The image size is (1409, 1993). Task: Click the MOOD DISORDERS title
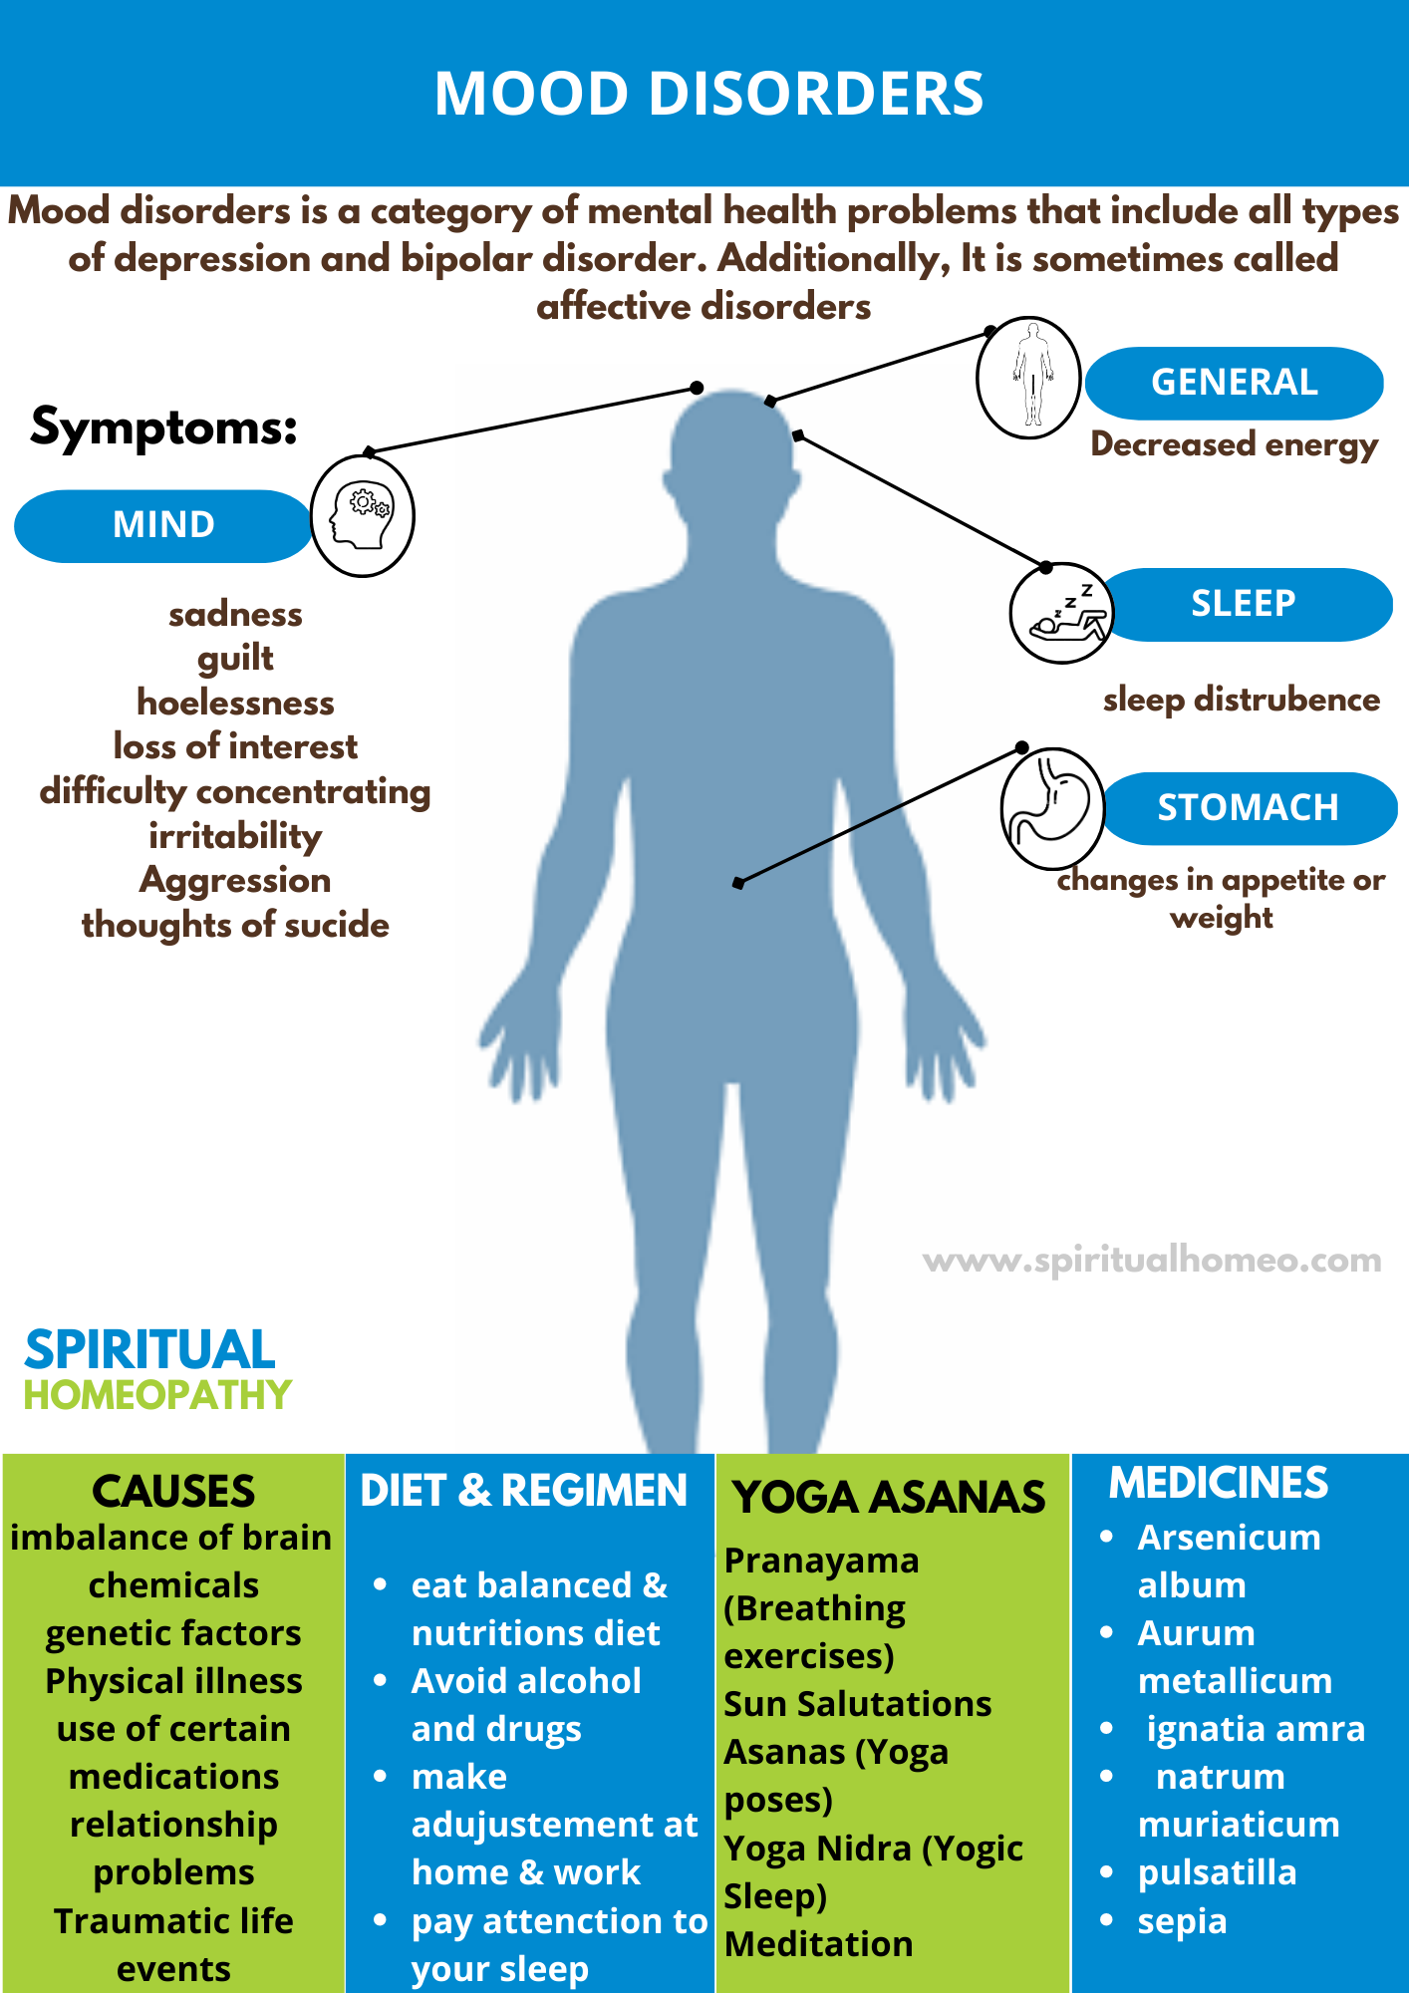coord(708,94)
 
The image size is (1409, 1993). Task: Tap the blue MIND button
coord(163,525)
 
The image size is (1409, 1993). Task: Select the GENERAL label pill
coord(1234,383)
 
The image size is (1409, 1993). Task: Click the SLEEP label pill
coord(1244,604)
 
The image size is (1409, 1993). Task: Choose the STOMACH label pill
coord(1248,808)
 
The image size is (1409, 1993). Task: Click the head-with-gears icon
coord(363,515)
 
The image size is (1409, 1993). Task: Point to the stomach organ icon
coord(1052,808)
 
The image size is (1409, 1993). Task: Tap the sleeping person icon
coord(1060,613)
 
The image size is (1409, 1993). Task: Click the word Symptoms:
coord(164,427)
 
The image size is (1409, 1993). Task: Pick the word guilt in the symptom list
coord(235,659)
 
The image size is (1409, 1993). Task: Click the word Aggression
coord(235,881)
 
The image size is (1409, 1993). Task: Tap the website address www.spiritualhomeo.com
coord(1152,1261)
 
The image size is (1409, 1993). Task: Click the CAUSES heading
coord(173,1492)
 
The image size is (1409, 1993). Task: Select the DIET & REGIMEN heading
coord(524,1491)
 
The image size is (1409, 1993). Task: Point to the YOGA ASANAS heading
coord(889,1498)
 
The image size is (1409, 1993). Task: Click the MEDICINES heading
coord(1219,1484)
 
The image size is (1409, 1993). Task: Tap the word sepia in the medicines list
coord(1182,1921)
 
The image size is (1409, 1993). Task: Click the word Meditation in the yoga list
coord(818,1944)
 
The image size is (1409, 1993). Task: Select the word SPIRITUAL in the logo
coord(149,1350)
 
